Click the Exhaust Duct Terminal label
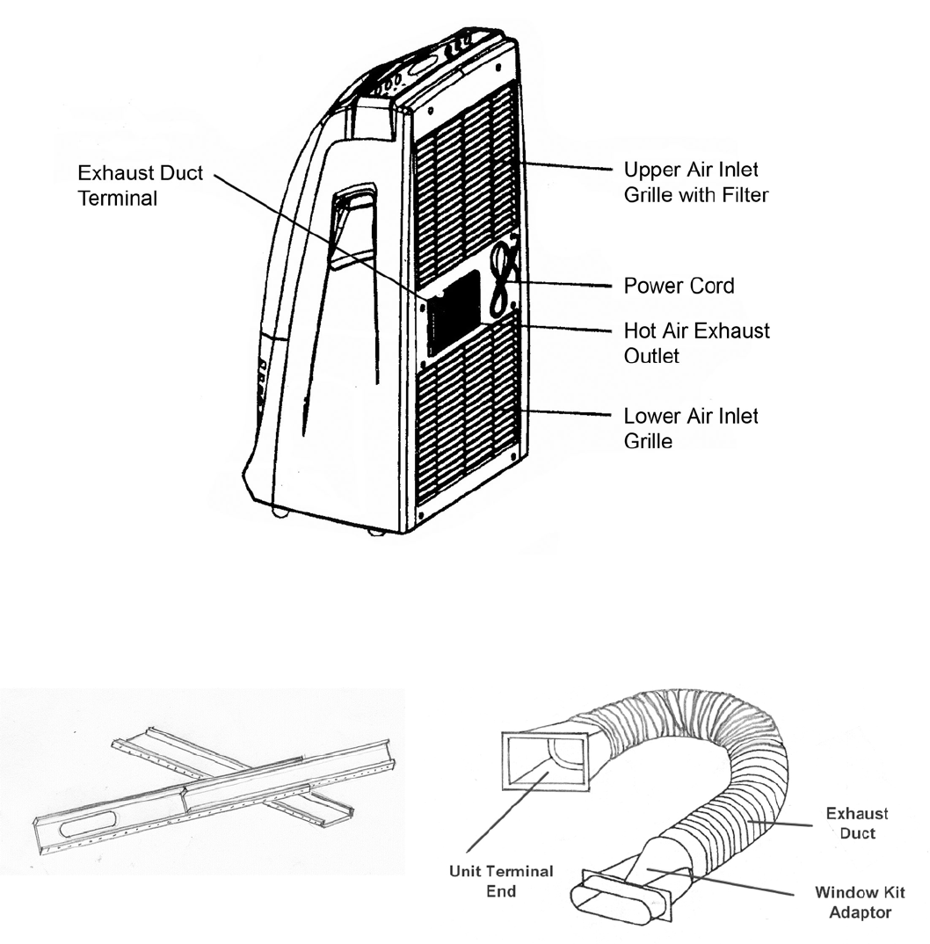point(141,185)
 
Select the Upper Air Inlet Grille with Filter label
point(695,182)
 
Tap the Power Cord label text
point(679,286)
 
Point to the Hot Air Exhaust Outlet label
point(696,344)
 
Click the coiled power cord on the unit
point(502,281)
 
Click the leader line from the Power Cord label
point(563,285)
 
